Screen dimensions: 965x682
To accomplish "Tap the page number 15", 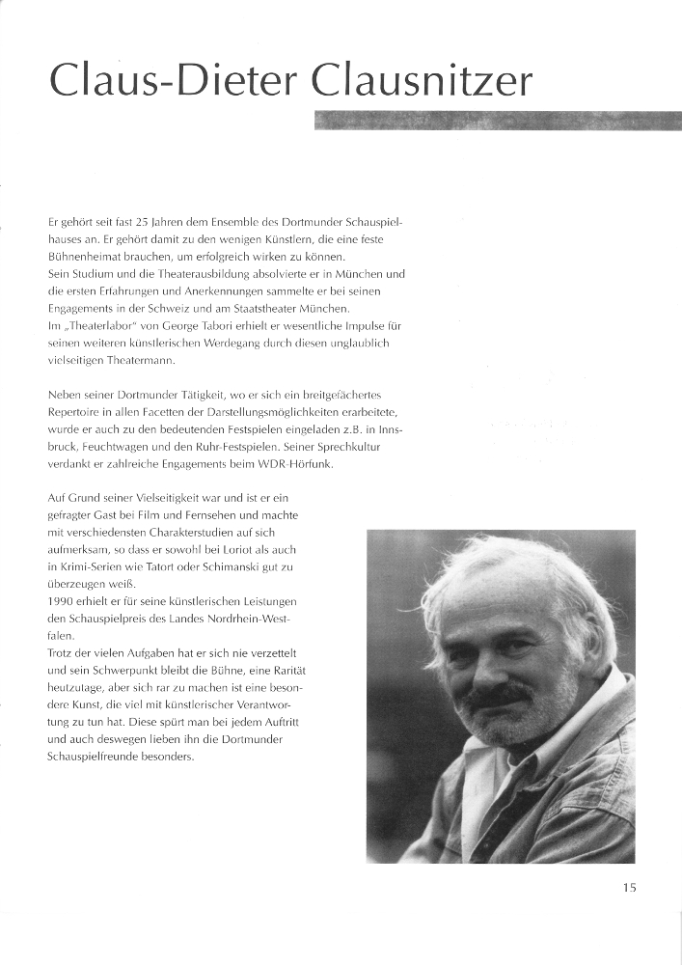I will tap(629, 888).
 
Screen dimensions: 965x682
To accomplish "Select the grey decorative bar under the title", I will tap(497, 120).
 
